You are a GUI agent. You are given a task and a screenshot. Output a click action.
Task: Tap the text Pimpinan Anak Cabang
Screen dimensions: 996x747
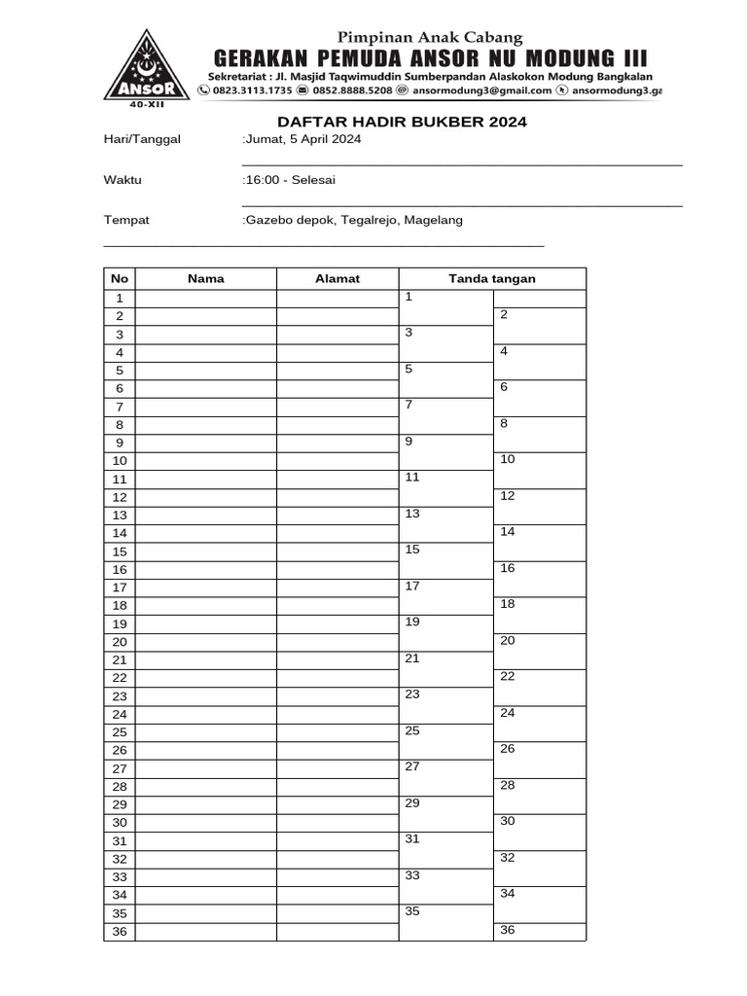430,38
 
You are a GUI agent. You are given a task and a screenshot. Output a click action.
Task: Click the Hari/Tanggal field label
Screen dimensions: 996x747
142,139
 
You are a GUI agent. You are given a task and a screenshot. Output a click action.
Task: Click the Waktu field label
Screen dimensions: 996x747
123,180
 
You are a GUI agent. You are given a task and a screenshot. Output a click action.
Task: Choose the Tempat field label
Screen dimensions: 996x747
126,220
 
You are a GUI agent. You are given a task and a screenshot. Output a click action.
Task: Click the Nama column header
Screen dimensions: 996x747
205,279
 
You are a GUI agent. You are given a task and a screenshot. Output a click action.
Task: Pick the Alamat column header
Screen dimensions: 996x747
338,279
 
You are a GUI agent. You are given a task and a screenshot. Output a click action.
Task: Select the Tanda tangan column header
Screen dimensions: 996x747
491,279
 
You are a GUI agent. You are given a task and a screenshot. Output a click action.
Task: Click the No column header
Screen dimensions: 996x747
120,279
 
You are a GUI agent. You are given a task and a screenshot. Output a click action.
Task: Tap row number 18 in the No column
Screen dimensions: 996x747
120,606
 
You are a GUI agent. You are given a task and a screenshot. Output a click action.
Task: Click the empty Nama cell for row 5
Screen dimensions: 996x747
205,371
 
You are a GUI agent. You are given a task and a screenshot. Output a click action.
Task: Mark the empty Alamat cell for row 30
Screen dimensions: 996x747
338,823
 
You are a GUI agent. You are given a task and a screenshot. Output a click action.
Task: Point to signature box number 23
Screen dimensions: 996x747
445,705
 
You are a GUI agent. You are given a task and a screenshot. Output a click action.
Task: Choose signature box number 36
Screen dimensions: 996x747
539,932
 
